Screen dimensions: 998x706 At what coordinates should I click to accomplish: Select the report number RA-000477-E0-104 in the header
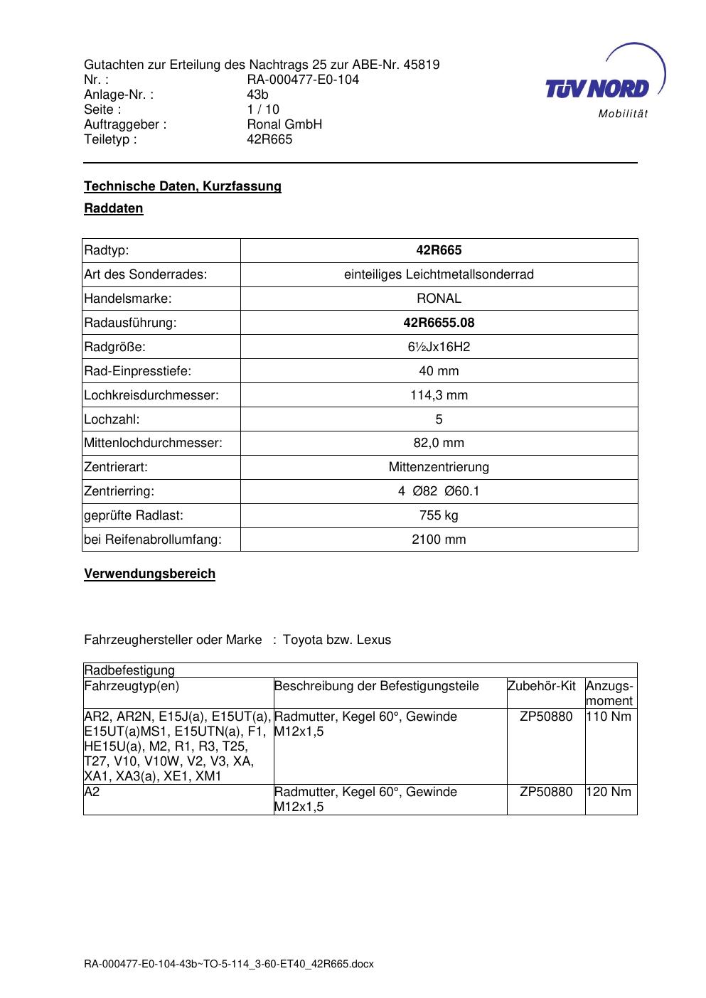302,80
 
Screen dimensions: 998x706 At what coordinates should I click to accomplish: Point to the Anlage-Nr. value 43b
257,95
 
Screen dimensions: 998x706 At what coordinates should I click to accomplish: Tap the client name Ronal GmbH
284,124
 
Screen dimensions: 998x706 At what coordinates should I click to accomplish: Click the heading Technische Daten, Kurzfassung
183,186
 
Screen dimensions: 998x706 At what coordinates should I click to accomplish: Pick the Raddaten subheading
114,208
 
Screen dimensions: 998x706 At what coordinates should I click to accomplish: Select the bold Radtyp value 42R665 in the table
439,250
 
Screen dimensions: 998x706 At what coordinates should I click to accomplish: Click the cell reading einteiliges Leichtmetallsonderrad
439,274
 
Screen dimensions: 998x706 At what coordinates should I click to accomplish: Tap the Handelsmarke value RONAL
439,299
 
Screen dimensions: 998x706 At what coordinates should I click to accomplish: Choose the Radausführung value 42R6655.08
439,323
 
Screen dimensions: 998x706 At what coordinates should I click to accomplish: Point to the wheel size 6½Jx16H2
439,347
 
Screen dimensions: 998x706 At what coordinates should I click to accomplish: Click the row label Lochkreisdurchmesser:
151,395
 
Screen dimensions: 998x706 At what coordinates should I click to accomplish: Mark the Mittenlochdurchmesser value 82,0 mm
439,443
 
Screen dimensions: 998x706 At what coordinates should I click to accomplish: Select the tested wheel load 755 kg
439,515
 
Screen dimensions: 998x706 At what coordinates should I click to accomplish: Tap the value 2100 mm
439,540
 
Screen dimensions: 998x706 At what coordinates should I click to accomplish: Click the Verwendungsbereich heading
149,574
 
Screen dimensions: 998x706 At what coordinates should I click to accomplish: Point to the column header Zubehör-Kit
541,686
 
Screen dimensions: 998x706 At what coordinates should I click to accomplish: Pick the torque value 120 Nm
609,792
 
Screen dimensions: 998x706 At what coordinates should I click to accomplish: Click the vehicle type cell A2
92,792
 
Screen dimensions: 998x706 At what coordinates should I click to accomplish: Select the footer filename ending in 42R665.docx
228,965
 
